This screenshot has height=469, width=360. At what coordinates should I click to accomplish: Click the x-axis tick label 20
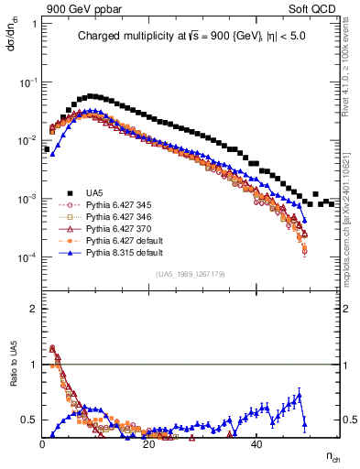tap(149, 444)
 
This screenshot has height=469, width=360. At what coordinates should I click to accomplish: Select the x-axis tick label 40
tap(256, 444)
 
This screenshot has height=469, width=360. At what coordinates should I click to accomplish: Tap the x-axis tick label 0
tap(43, 444)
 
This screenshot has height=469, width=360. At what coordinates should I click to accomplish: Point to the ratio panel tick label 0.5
tap(30, 420)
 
